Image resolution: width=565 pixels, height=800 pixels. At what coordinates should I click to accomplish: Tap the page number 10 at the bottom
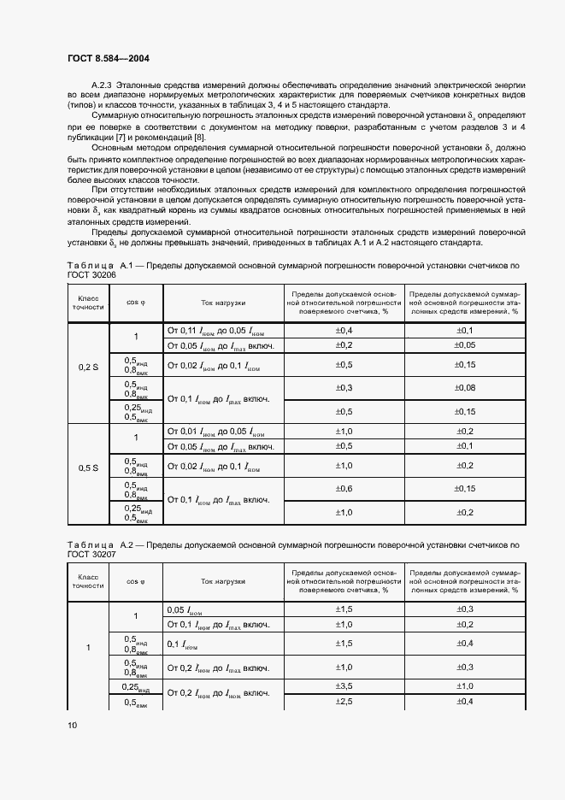pyautogui.click(x=72, y=726)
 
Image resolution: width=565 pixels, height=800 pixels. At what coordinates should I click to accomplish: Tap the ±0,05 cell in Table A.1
pyautogui.click(x=465, y=344)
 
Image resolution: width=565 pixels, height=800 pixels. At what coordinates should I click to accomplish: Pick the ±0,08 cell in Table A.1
pyautogui.click(x=465, y=388)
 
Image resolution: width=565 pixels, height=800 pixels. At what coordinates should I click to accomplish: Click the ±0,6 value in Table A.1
pyautogui.click(x=343, y=488)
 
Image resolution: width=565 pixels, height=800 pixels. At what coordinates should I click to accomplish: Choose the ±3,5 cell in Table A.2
pyautogui.click(x=343, y=686)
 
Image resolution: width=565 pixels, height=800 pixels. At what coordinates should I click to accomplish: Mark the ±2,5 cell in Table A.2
pyautogui.click(x=343, y=702)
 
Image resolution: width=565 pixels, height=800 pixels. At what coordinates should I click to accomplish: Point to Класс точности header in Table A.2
pyautogui.click(x=88, y=581)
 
